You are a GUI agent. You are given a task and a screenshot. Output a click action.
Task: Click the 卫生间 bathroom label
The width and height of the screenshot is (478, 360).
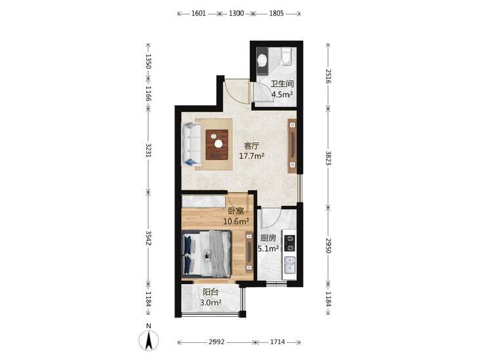pyautogui.click(x=282, y=84)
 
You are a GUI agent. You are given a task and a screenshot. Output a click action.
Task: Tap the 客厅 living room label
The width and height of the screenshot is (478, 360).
pyautogui.click(x=252, y=146)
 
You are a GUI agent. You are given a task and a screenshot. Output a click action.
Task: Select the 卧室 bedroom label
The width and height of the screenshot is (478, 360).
pyautogui.click(x=236, y=210)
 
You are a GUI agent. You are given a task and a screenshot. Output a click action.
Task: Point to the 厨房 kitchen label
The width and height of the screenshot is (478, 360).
pyautogui.click(x=268, y=238)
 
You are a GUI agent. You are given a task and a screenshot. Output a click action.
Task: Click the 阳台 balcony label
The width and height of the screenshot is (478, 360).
pyautogui.click(x=210, y=292)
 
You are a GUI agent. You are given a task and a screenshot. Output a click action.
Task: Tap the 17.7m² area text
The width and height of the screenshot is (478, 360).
pyautogui.click(x=252, y=156)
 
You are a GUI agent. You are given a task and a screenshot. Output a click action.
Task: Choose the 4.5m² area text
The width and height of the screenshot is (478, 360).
pyautogui.click(x=282, y=94)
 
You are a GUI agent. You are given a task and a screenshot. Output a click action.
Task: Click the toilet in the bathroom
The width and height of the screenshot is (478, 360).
pyautogui.click(x=287, y=56)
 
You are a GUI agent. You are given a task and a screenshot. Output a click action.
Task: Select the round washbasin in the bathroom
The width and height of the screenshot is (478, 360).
pyautogui.click(x=262, y=60)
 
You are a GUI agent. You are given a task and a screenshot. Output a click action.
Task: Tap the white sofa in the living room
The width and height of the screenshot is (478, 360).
pyautogui.click(x=191, y=144)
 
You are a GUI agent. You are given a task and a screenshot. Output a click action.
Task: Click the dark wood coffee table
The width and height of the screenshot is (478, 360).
pyautogui.click(x=217, y=144)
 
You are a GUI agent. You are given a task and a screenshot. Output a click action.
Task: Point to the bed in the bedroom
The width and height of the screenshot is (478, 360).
pyautogui.click(x=207, y=254)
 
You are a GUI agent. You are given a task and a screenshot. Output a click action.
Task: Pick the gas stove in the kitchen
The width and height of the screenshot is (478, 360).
pyautogui.click(x=290, y=243)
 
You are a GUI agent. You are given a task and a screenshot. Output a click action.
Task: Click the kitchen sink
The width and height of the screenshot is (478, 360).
pyautogui.click(x=290, y=264)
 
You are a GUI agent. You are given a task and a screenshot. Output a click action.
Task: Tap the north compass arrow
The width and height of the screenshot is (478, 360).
pyautogui.click(x=148, y=340)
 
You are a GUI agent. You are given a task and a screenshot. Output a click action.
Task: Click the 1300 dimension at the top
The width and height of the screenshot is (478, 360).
pyautogui.click(x=236, y=13)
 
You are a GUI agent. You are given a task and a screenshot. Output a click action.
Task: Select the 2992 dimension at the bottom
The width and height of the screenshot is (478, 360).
pyautogui.click(x=216, y=342)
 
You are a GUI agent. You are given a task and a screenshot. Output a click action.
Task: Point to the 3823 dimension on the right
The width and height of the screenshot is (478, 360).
pyautogui.click(x=329, y=158)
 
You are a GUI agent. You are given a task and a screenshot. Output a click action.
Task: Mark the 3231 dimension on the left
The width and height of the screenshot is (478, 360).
pyautogui.click(x=148, y=151)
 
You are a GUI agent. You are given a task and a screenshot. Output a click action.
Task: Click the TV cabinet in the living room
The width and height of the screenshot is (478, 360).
pyautogui.click(x=292, y=146)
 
